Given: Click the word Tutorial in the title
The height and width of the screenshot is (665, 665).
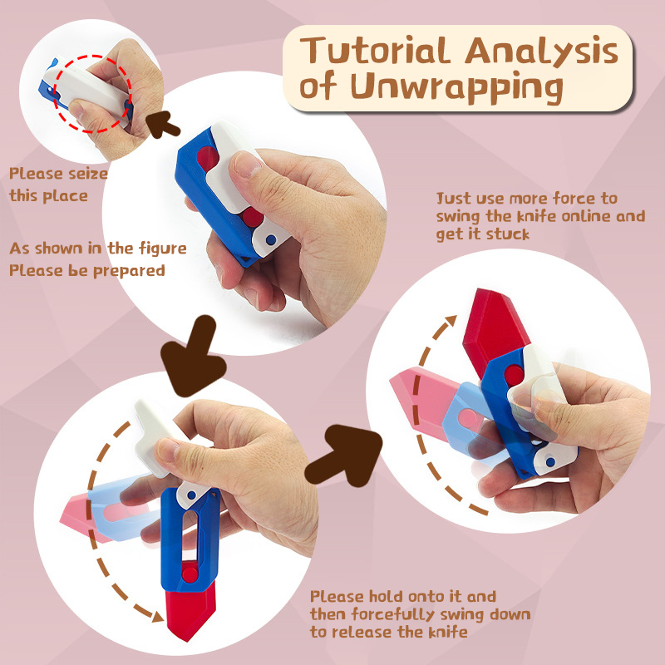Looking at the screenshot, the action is point(373,51).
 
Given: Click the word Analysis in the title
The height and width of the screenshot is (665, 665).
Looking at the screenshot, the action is point(541,52).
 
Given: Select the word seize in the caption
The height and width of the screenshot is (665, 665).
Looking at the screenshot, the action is point(88,174).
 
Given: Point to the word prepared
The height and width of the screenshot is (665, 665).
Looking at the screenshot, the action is point(129,272).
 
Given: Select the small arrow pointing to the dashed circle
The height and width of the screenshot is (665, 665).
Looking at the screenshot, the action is point(161,124).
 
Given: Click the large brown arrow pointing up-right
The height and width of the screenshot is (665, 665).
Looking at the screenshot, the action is point(345,455).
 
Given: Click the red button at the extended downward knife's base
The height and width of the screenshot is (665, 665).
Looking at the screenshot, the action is point(190,574).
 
